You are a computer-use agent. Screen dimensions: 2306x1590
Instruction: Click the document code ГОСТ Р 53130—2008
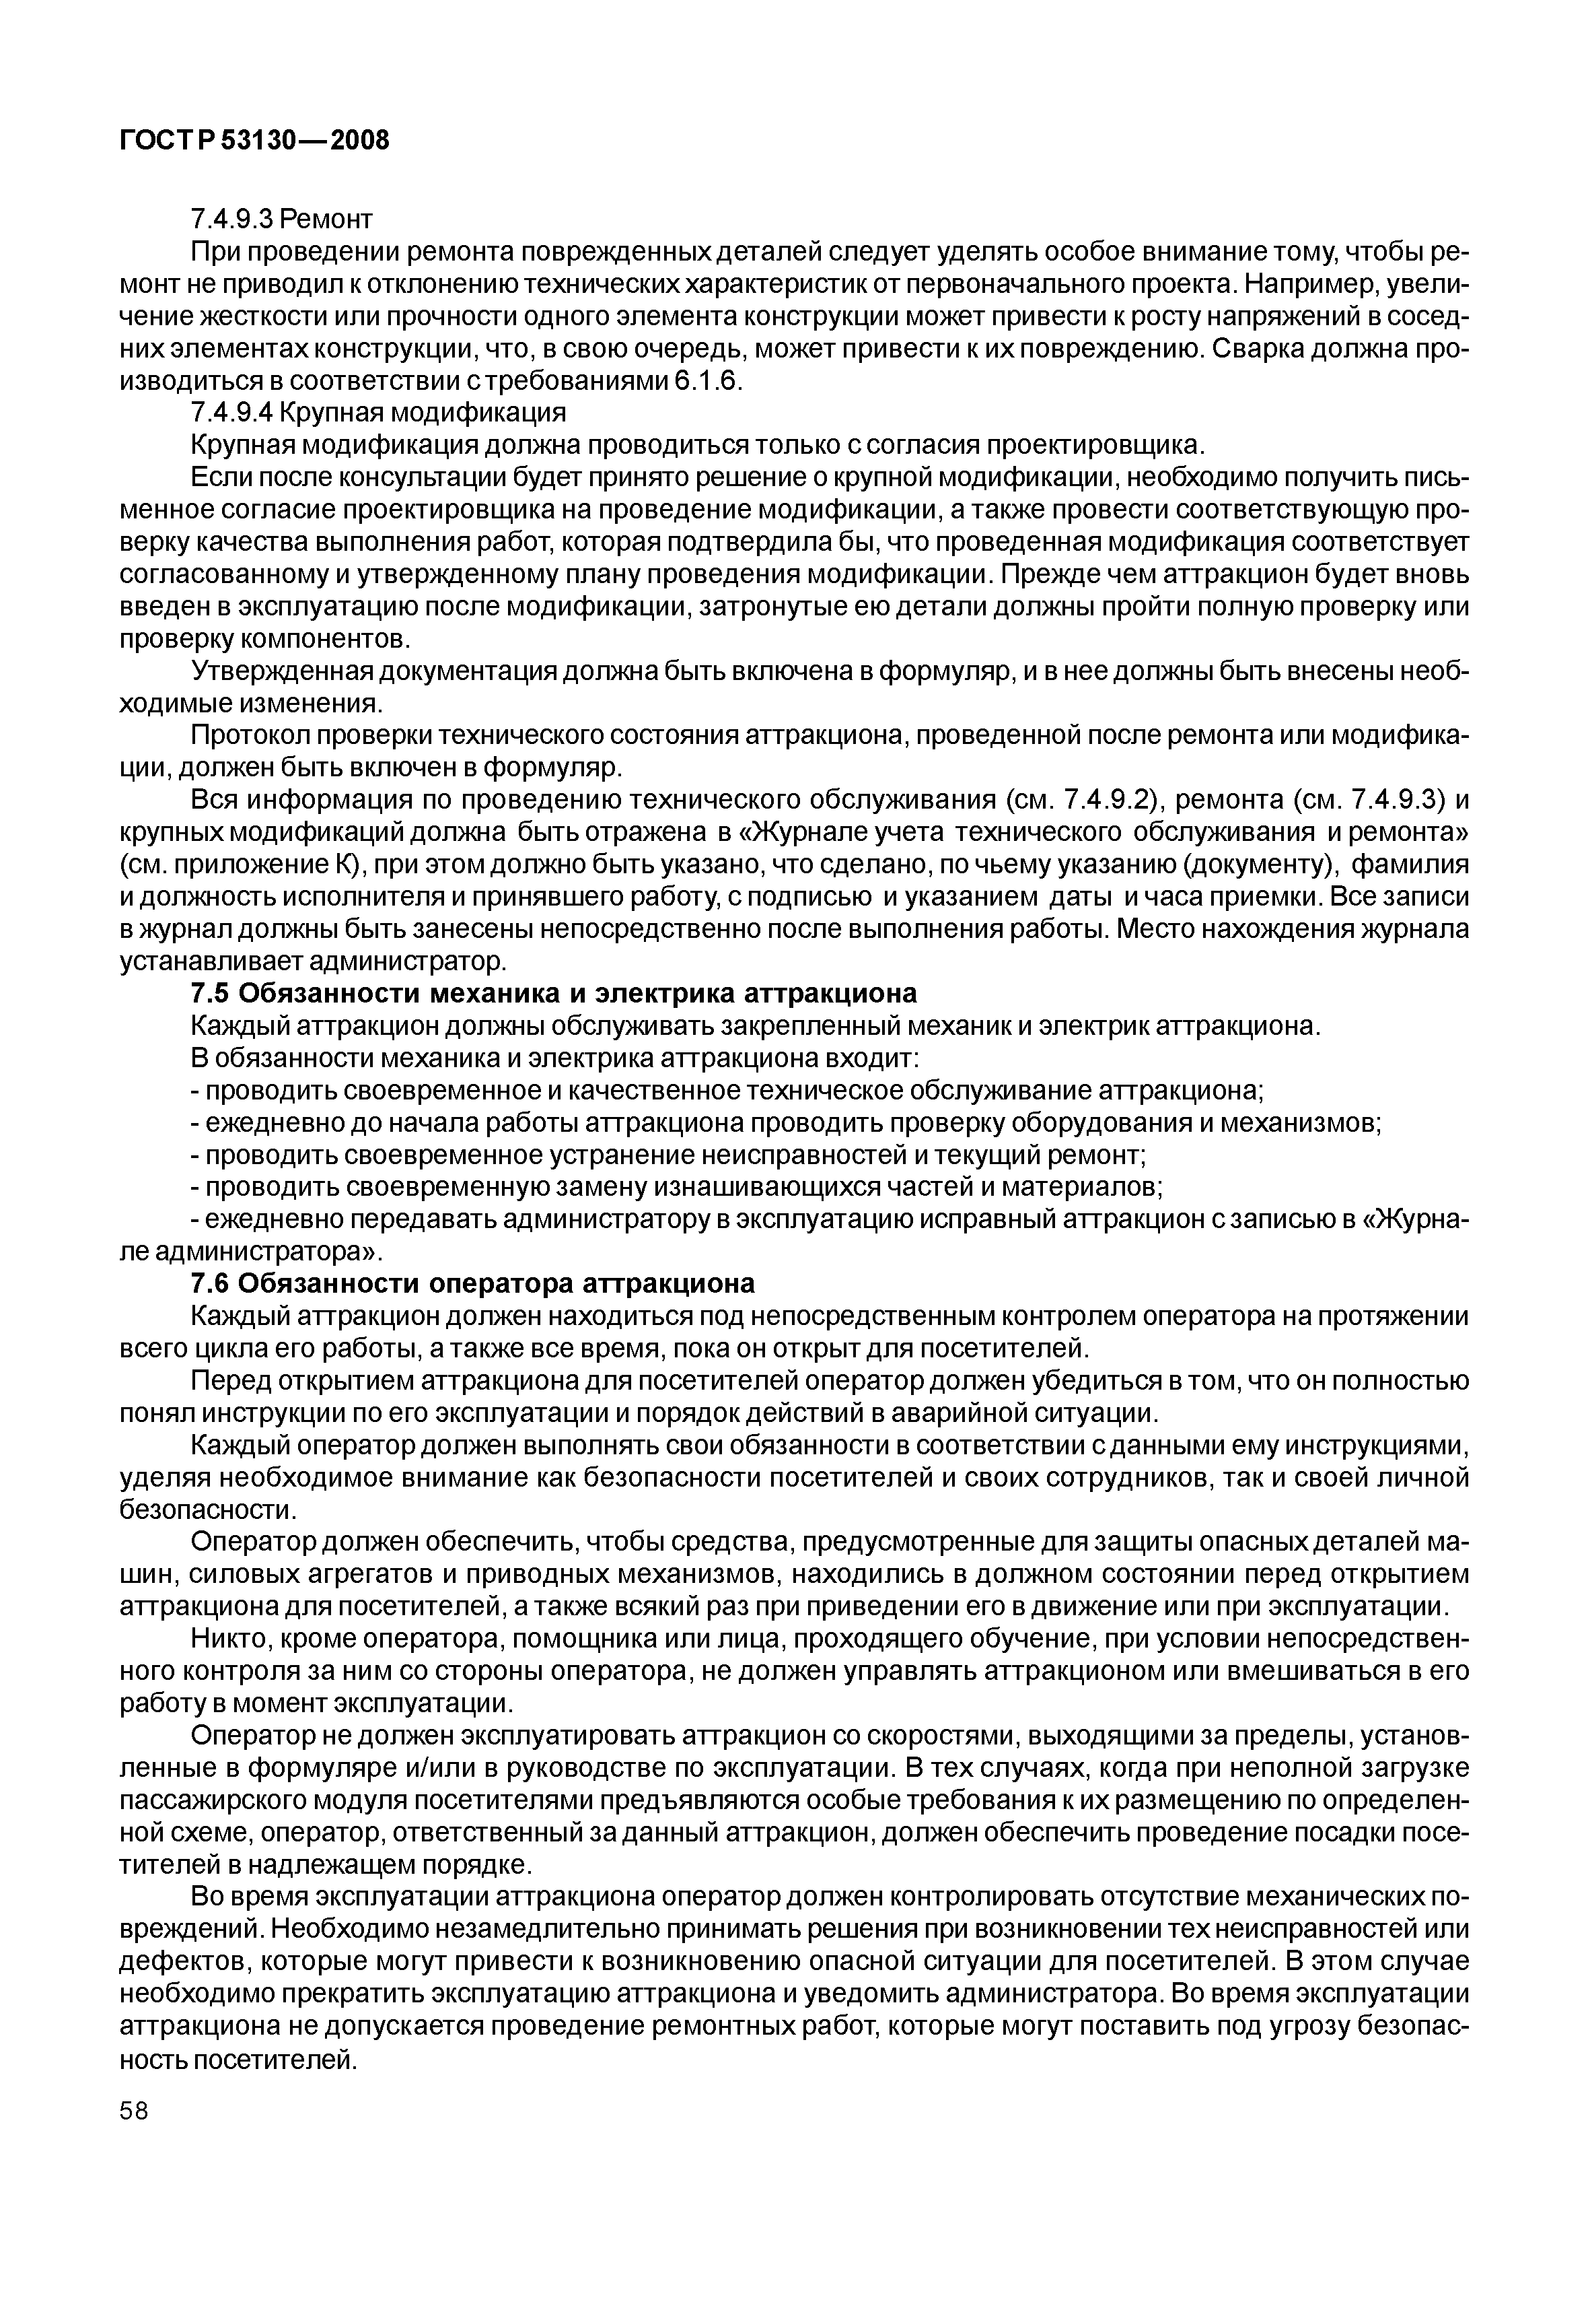254,141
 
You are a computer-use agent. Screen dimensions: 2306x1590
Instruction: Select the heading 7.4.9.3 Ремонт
281,217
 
